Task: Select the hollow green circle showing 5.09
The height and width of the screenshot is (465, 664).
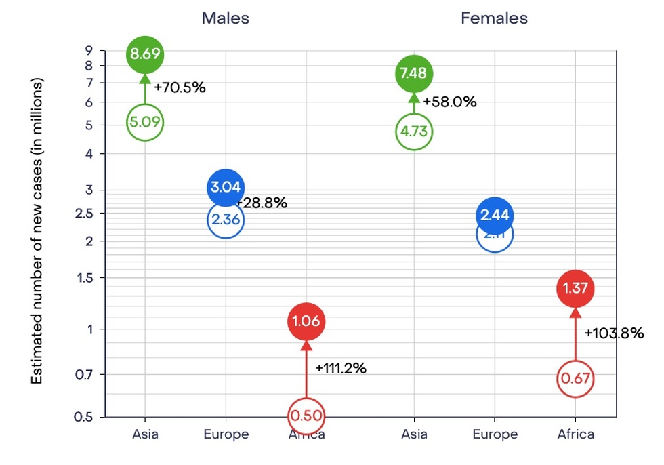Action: (145, 123)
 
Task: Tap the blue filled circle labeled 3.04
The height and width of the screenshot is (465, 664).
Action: (226, 188)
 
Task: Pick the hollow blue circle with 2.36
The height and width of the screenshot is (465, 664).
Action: (226, 220)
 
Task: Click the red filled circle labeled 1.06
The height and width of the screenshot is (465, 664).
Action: (306, 321)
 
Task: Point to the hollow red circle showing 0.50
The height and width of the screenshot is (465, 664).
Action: (306, 415)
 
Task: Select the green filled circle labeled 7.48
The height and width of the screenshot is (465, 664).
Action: (413, 73)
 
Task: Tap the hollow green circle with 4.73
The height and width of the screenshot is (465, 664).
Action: (413, 131)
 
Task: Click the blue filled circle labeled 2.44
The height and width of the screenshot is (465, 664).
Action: (495, 216)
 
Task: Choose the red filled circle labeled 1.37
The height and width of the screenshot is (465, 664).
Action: (575, 288)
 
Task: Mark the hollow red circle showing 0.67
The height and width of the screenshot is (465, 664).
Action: (575, 379)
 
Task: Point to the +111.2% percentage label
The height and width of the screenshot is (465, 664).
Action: (341, 369)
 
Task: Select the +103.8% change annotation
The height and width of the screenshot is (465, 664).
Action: (613, 333)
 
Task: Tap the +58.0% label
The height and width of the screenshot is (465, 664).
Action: (451, 102)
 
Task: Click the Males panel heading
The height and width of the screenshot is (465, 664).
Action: (225, 18)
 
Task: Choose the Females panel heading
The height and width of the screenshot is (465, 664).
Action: (494, 18)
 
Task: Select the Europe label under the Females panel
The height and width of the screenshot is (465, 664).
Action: (494, 434)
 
